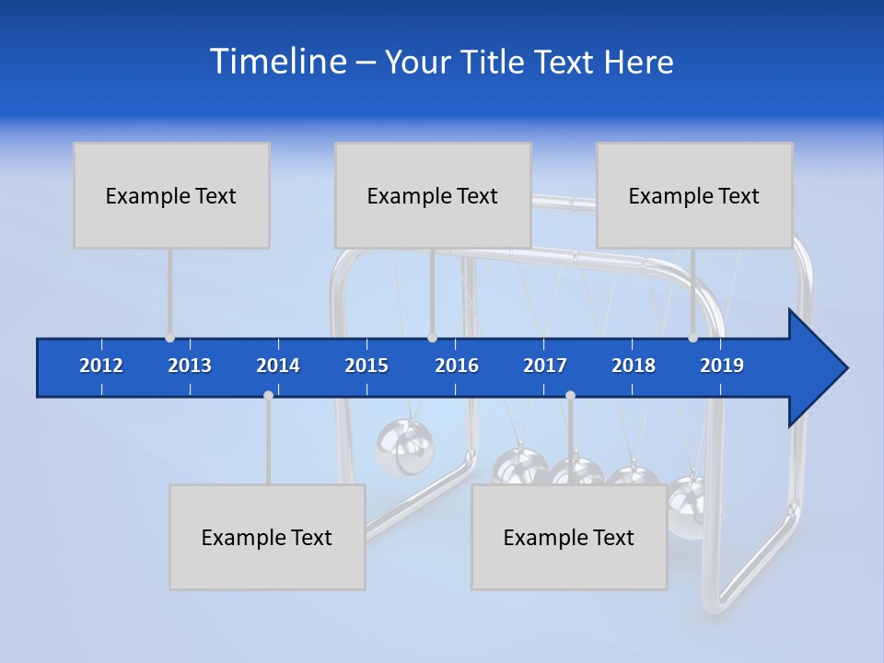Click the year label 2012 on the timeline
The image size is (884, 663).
(101, 366)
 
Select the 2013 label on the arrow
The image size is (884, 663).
(190, 366)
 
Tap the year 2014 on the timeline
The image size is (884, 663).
(278, 366)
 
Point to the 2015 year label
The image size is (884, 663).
(366, 366)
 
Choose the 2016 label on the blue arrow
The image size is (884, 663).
(457, 366)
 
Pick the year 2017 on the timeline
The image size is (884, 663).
(545, 366)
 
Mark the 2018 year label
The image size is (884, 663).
(634, 366)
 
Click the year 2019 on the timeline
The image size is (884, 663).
(722, 366)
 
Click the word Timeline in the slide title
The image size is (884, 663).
(276, 62)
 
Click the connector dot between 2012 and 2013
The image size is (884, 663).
(169, 338)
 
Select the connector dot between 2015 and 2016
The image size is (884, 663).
(432, 338)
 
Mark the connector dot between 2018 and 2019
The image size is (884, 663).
(692, 338)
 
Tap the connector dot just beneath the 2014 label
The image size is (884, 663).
(268, 396)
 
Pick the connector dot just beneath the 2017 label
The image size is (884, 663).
(570, 396)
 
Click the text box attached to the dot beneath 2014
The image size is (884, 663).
(267, 537)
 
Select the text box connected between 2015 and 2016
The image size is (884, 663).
(432, 195)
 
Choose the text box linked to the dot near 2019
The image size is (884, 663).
(693, 195)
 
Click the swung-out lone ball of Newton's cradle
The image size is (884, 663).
(403, 447)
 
